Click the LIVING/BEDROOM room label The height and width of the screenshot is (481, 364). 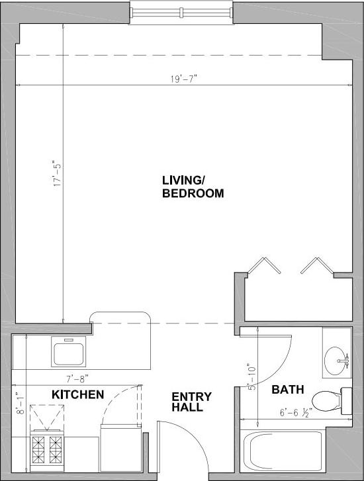point(193,187)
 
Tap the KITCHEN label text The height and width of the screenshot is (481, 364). point(77,395)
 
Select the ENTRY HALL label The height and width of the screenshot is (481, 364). point(192,402)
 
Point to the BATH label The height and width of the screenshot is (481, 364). point(287,390)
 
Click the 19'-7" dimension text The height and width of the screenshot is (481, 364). point(183,79)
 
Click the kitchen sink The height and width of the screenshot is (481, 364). point(68,353)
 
